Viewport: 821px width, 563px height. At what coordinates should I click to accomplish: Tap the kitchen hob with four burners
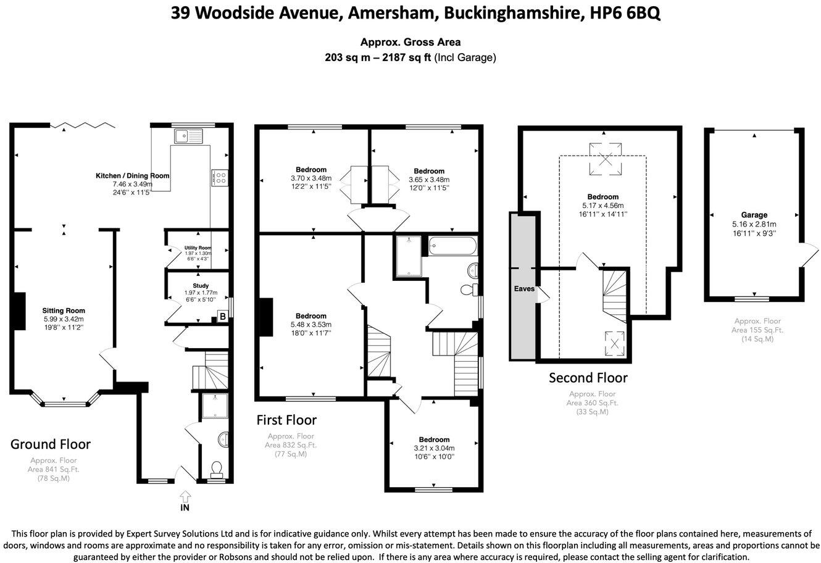click(x=219, y=178)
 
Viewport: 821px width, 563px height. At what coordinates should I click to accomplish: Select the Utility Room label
click(x=198, y=248)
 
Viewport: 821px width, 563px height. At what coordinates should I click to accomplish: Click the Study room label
click(x=201, y=286)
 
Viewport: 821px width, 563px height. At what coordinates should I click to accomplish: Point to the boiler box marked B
click(x=222, y=317)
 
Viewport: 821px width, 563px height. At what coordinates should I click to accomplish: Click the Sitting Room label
click(x=64, y=311)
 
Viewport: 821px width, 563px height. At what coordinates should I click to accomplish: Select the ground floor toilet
click(x=217, y=470)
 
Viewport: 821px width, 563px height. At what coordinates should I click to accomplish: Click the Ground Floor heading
click(x=51, y=444)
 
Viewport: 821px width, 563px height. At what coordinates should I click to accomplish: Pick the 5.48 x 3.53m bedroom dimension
click(x=311, y=325)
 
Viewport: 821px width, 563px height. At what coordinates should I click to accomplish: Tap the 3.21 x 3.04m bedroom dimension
click(x=434, y=448)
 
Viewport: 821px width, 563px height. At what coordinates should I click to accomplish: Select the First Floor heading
click(x=286, y=420)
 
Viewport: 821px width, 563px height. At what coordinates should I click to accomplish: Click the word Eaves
click(x=523, y=288)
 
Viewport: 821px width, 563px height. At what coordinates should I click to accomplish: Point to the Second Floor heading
click(x=588, y=377)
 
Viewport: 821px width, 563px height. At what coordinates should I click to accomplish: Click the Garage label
click(x=754, y=215)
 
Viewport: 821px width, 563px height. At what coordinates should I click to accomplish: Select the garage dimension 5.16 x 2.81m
click(x=754, y=224)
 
